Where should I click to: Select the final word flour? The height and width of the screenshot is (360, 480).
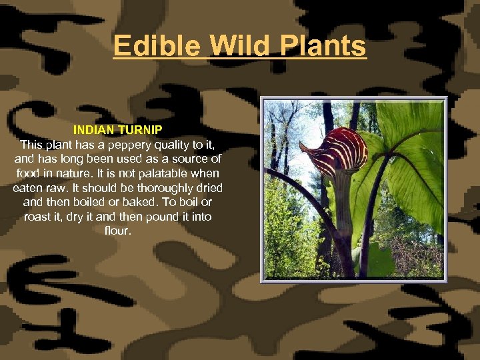(x=117, y=231)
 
